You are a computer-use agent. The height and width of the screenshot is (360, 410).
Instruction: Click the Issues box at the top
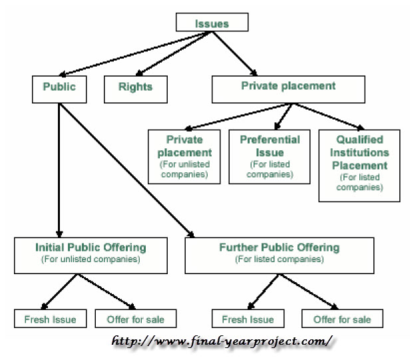point(212,23)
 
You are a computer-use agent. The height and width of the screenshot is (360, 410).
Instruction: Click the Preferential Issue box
point(270,156)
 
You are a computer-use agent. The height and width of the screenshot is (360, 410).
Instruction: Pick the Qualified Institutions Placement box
point(359,164)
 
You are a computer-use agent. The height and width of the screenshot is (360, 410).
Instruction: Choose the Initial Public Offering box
point(91,253)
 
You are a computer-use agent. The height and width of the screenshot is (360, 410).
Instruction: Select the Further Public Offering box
point(279,253)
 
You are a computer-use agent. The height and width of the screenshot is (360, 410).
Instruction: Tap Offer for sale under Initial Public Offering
point(136,319)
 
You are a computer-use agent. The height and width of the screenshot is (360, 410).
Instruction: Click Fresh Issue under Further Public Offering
point(248,319)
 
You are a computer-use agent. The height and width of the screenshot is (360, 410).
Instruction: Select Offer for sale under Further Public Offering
point(343,319)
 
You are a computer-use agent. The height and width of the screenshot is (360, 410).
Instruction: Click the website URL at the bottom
point(222,342)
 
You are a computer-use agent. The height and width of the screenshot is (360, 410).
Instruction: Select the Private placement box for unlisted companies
point(184,156)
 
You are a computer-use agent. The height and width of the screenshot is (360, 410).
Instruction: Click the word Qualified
point(359,140)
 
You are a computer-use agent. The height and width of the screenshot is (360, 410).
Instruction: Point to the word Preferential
point(270,140)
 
